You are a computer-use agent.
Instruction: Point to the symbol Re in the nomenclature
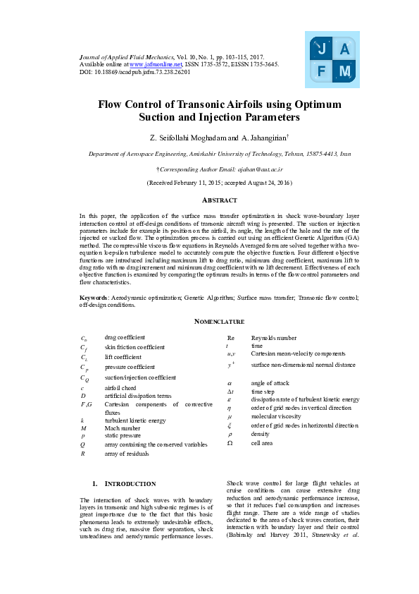pyautogui.click(x=231, y=339)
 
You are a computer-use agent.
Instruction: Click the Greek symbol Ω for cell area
pyautogui.click(x=230, y=443)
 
